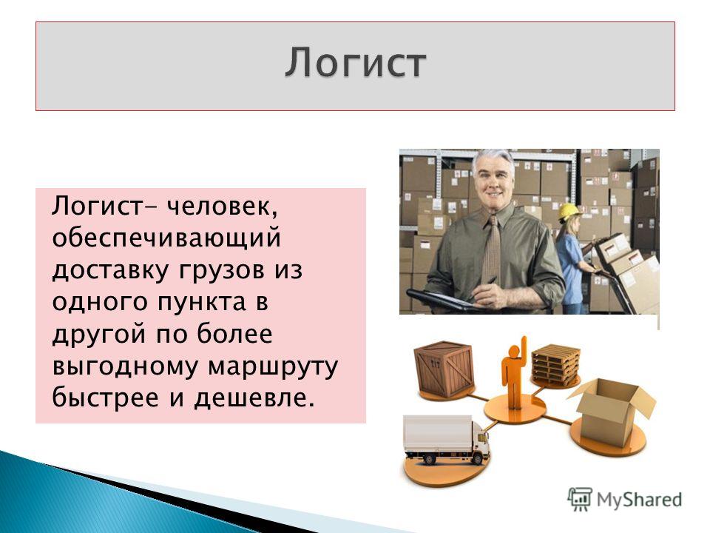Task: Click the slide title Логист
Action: (x=356, y=63)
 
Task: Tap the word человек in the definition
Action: (x=222, y=207)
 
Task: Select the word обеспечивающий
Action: (x=166, y=239)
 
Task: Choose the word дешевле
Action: (x=254, y=398)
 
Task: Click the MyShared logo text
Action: (x=639, y=500)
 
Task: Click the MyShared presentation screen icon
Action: (x=580, y=500)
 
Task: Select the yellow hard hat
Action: (x=569, y=211)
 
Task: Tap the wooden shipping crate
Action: (x=444, y=369)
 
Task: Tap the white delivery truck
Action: (x=446, y=440)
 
